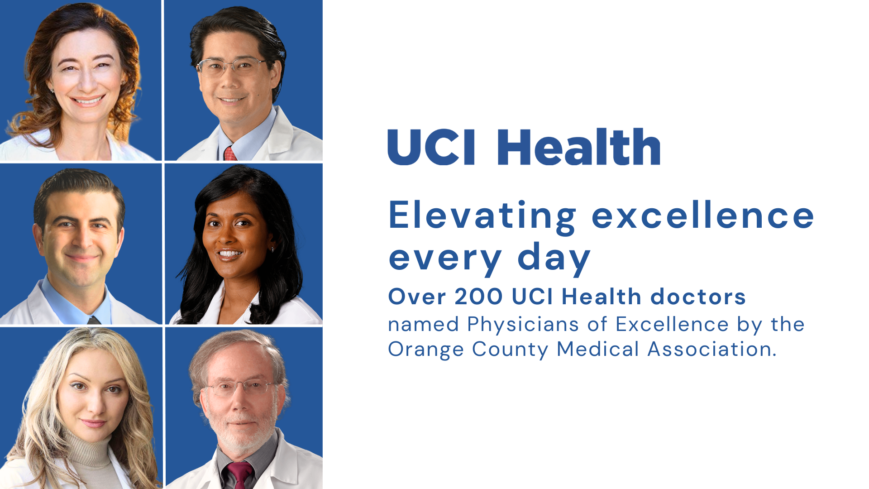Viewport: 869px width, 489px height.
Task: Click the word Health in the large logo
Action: tap(579, 146)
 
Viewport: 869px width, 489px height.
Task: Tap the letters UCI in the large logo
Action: tap(432, 147)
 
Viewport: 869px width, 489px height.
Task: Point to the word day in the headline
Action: tap(554, 258)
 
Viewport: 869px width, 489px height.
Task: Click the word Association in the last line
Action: tap(712, 349)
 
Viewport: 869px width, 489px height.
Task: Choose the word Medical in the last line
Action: tap(598, 349)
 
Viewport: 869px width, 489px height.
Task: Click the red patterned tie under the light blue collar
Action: tap(230, 153)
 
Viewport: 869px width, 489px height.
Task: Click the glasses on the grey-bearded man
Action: tap(239, 387)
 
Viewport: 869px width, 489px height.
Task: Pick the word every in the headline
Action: tap(445, 258)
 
